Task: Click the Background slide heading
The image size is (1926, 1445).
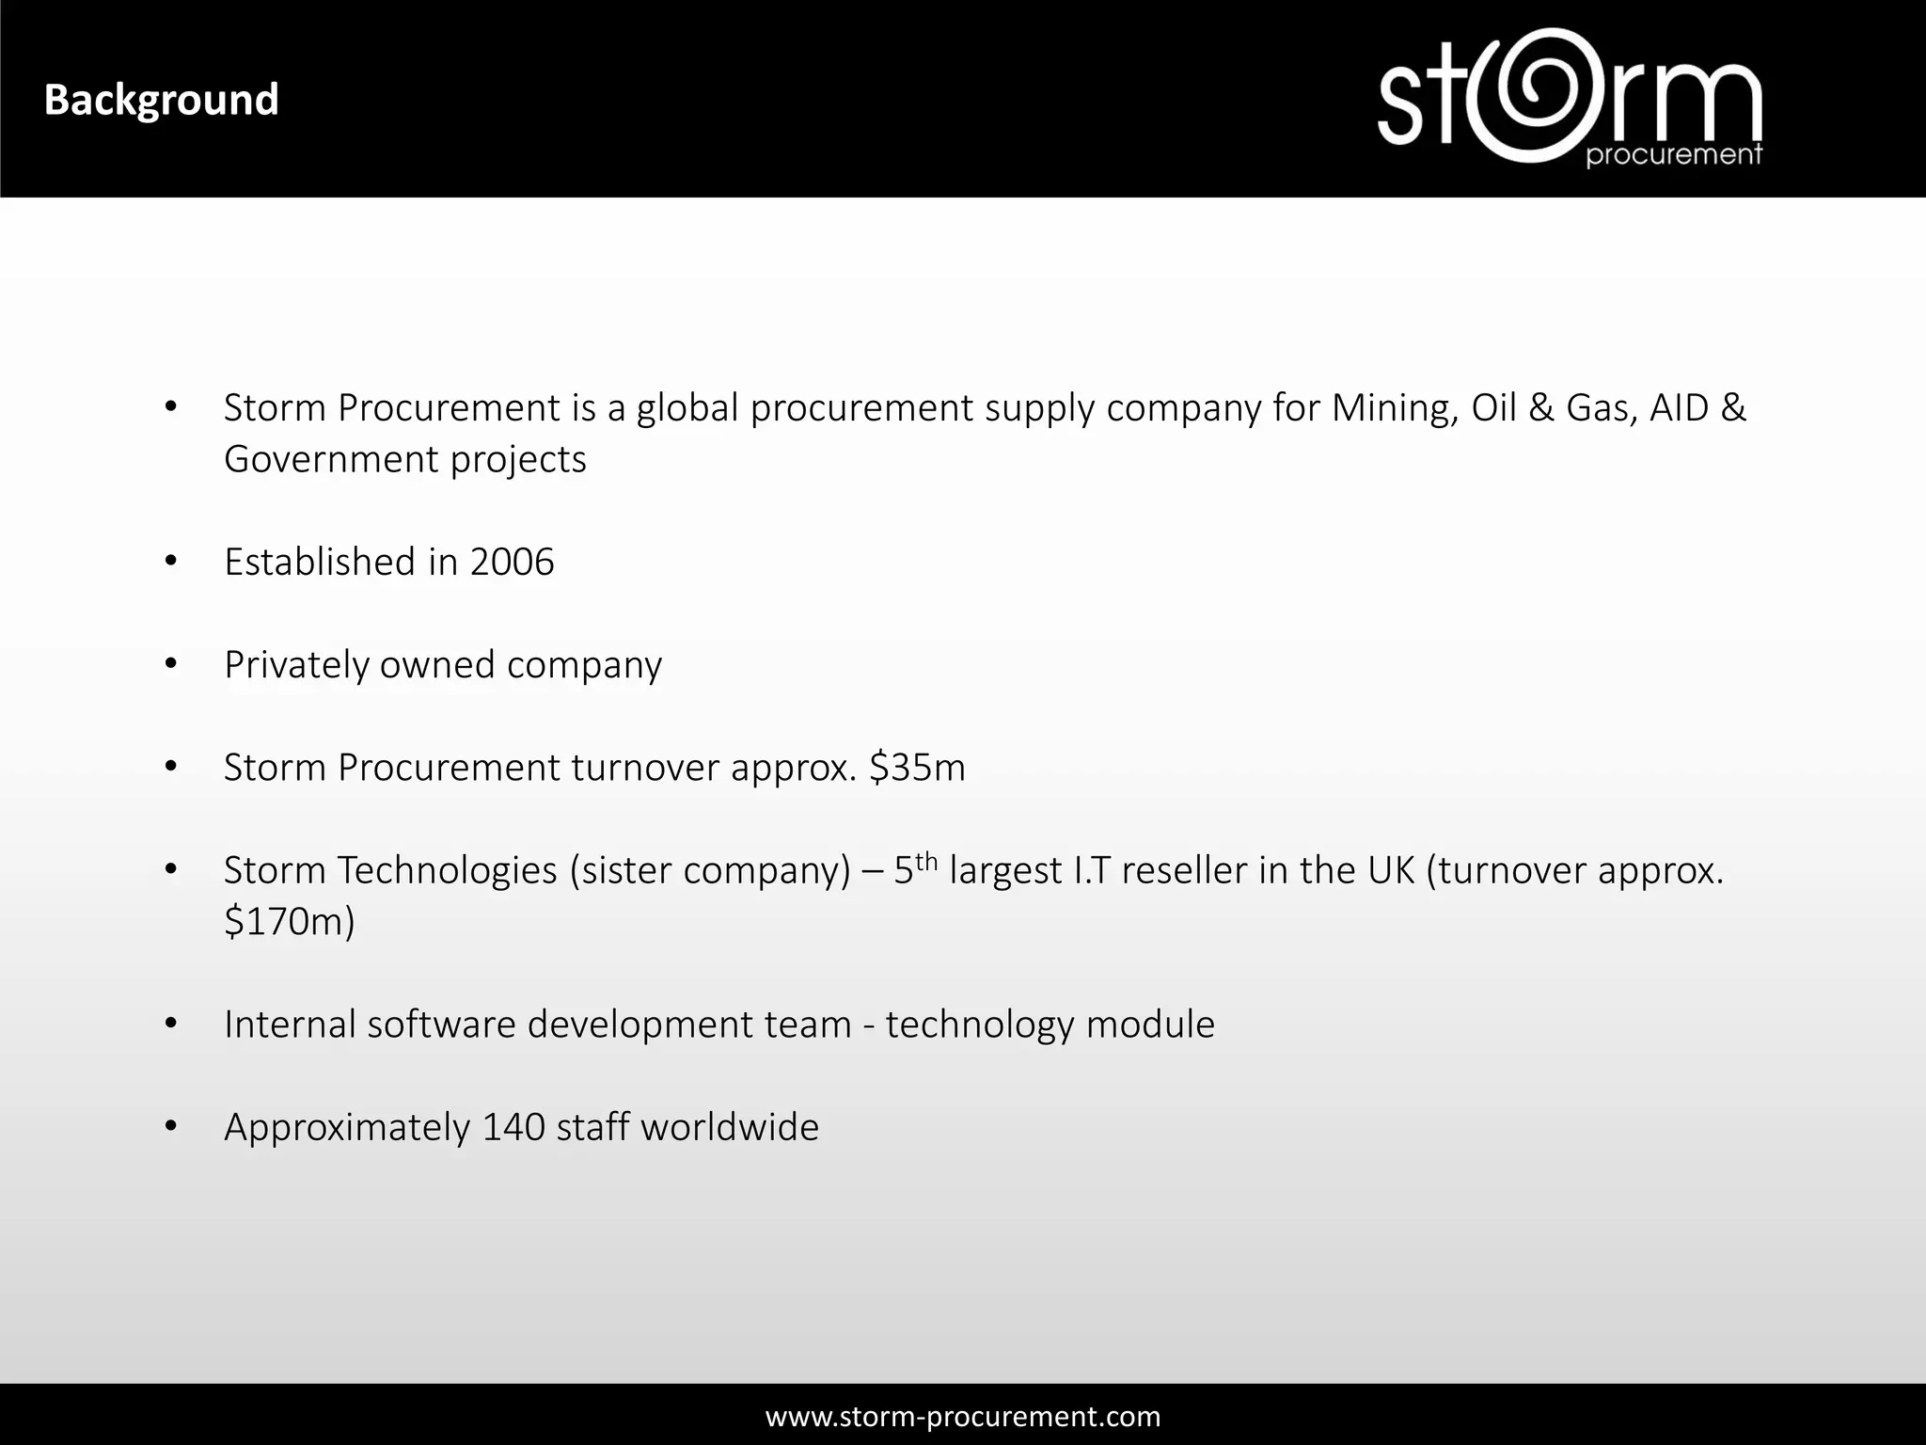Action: coord(162,101)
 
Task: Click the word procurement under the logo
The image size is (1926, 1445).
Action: coord(1673,155)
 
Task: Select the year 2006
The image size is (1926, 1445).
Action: coord(512,563)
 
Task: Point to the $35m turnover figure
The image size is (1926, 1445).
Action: coord(917,768)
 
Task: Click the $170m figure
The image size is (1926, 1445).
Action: coord(289,922)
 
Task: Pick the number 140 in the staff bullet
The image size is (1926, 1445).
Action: coord(513,1127)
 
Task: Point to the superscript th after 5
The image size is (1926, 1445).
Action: coord(926,860)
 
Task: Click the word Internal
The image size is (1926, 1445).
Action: coord(290,1024)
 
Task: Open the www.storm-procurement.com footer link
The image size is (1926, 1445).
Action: coord(963,1416)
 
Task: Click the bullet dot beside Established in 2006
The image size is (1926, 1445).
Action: coord(170,562)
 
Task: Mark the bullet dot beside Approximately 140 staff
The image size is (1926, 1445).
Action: coord(170,1126)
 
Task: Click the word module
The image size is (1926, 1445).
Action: coord(1150,1024)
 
